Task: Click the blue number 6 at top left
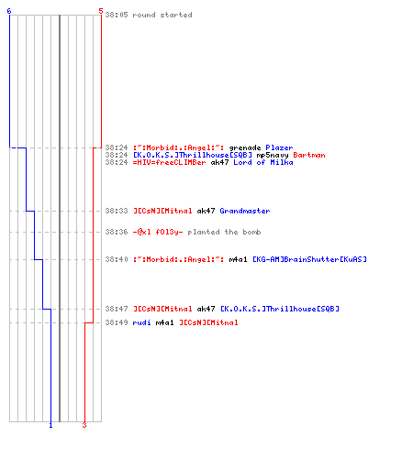(9, 11)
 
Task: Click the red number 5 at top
(101, 11)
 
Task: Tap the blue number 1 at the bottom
(50, 425)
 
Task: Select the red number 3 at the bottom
(84, 425)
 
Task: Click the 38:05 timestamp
(117, 15)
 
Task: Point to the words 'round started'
(162, 15)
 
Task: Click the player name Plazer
(279, 147)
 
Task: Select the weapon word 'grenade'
(245, 147)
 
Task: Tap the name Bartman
(309, 155)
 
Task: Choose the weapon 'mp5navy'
(273, 155)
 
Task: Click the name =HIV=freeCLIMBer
(169, 162)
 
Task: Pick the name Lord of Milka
(263, 162)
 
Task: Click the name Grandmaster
(245, 211)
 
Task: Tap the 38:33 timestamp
(117, 211)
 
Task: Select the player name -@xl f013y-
(158, 232)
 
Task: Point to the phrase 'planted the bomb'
(224, 232)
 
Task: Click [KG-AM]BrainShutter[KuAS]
(309, 259)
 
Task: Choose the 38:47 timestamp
(117, 309)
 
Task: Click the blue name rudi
(141, 322)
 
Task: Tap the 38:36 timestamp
(117, 232)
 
